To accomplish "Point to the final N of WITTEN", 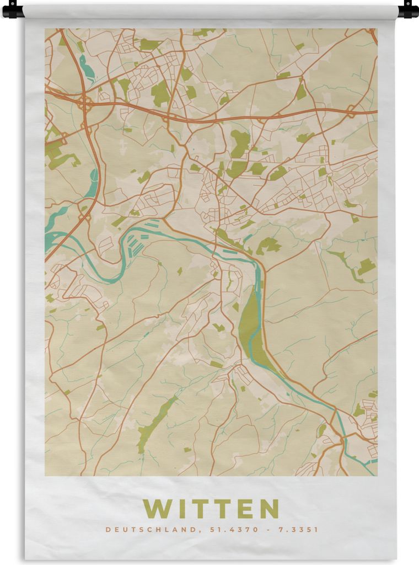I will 268,508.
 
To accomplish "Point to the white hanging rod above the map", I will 209,10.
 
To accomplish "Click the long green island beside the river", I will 249,326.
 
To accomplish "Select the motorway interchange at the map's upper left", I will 85,103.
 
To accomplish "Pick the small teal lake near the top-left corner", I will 87,69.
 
